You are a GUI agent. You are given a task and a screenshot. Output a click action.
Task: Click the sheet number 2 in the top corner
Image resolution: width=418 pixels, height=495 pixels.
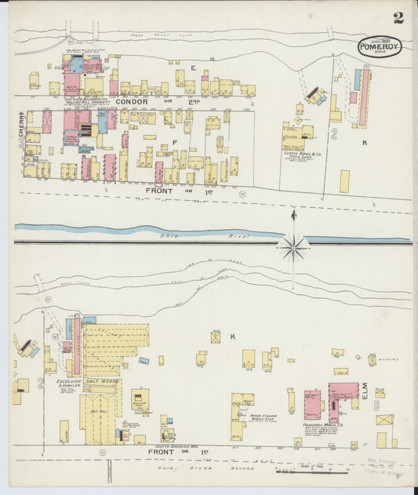point(399,17)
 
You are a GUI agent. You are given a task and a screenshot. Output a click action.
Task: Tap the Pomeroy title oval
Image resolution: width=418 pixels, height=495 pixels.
point(380,46)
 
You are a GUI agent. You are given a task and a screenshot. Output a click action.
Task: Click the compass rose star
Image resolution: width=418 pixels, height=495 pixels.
point(293,247)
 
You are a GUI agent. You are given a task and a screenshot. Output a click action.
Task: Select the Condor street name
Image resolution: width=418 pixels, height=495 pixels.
point(131,101)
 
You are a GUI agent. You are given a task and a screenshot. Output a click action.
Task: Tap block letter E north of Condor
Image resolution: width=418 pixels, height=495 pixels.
point(193,68)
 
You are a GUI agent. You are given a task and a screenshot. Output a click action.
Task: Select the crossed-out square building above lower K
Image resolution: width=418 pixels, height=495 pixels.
point(215,337)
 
